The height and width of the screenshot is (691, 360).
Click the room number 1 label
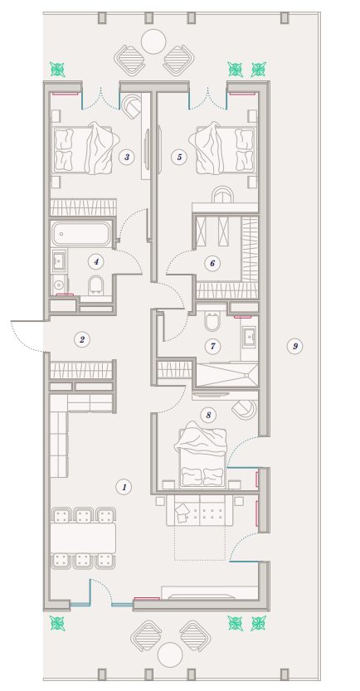tap(124, 487)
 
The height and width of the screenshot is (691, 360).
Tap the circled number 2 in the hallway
tap(82, 339)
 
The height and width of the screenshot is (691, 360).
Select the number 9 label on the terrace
tap(294, 346)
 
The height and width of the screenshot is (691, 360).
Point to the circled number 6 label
tap(212, 264)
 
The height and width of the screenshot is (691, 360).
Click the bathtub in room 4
tap(80, 234)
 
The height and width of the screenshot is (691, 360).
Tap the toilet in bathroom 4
tap(96, 285)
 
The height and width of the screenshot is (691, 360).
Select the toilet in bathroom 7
tap(212, 321)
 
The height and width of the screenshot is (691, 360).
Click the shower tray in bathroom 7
tap(226, 375)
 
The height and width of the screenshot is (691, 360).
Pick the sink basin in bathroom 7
tap(250, 337)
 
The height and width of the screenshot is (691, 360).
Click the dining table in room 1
tap(83, 538)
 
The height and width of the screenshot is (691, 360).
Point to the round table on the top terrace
tap(153, 41)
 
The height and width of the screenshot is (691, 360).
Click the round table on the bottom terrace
tap(170, 655)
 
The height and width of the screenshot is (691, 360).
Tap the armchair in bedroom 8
tap(244, 408)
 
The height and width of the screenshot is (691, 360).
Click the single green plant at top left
tap(57, 69)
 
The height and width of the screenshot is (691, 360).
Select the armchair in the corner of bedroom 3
tap(131, 105)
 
